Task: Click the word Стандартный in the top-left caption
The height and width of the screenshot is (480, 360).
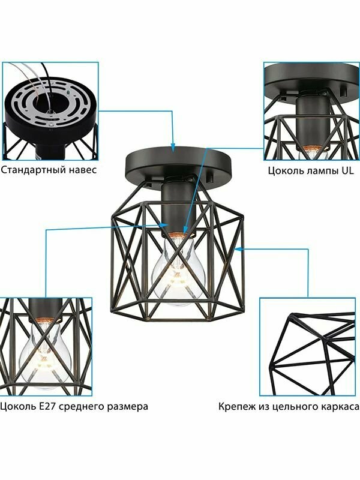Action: pos(32,170)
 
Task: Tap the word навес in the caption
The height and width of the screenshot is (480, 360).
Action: pos(82,170)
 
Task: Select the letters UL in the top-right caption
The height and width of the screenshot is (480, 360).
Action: pos(347,170)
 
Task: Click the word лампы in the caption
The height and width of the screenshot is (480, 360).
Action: pos(322,171)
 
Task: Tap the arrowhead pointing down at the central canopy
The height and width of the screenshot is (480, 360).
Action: pos(173,148)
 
